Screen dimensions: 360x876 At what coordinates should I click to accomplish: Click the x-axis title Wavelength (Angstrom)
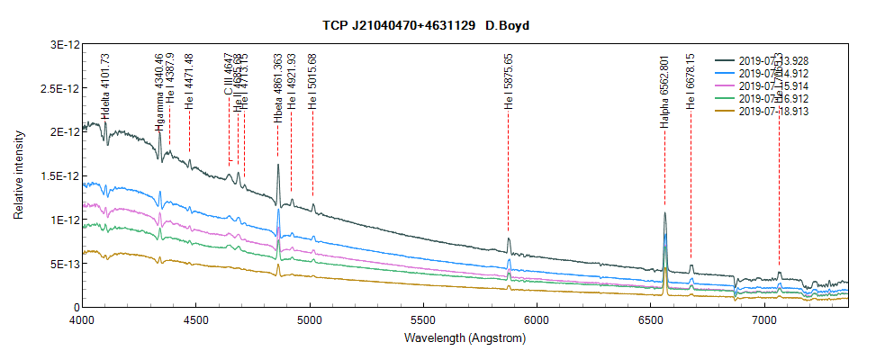pos(465,339)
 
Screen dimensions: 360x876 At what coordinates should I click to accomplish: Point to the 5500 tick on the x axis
pos(423,319)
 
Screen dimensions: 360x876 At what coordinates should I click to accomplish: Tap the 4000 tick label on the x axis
pos(82,319)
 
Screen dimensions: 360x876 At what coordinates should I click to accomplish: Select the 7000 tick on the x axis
pos(764,319)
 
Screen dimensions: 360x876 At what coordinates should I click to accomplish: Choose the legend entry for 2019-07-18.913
pos(775,112)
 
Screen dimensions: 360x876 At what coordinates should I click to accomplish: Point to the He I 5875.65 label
pos(509,86)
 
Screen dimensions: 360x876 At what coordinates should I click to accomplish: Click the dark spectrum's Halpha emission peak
pos(664,214)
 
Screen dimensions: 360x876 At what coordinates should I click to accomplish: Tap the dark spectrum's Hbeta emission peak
pos(278,165)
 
